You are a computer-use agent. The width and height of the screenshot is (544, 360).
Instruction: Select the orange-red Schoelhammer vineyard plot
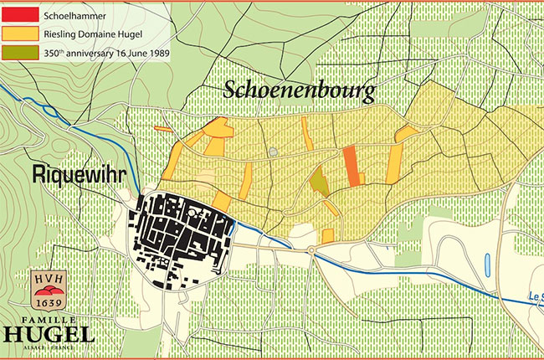pyautogui.click(x=351, y=165)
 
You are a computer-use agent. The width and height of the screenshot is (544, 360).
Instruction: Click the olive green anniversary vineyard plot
pyautogui.click(x=319, y=181)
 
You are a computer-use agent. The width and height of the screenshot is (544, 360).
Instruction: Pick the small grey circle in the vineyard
pyautogui.click(x=274, y=152)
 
